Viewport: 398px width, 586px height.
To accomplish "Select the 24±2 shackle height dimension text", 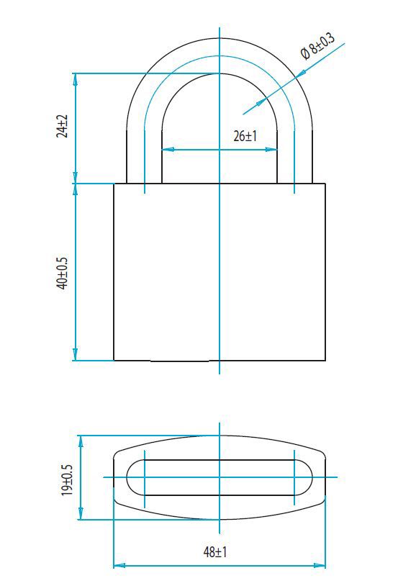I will coord(63,127).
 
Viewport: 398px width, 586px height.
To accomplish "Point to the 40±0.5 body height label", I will coord(63,273).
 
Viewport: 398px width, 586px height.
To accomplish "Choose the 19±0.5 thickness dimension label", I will coord(68,479).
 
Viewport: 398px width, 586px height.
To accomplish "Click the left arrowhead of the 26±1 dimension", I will coord(166,150).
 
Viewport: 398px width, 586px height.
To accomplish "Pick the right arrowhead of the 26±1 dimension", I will coord(273,150).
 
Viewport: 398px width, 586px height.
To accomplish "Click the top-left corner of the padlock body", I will coord(114,184).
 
